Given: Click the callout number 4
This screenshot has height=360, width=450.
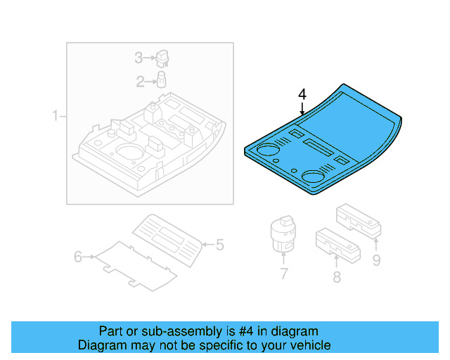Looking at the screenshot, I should (302, 94).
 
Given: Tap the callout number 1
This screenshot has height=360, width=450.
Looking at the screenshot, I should (55, 115).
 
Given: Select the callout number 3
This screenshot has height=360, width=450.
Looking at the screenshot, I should (139, 57).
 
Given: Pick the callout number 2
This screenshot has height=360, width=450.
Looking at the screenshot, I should (140, 82).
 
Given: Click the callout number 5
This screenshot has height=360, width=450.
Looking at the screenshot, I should (219, 245).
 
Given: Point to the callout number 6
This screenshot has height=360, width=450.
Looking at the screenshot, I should (78, 257).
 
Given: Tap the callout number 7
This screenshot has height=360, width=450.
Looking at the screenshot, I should (283, 274).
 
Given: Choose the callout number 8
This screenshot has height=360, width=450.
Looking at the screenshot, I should (337, 277).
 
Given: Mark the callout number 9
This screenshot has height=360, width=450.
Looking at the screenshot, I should (376, 261).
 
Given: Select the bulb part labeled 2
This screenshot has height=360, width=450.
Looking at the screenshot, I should (161, 79).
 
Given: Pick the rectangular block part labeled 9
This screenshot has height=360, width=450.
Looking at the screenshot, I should (358, 219).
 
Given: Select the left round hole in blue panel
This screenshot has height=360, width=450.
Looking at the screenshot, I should (267, 149).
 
